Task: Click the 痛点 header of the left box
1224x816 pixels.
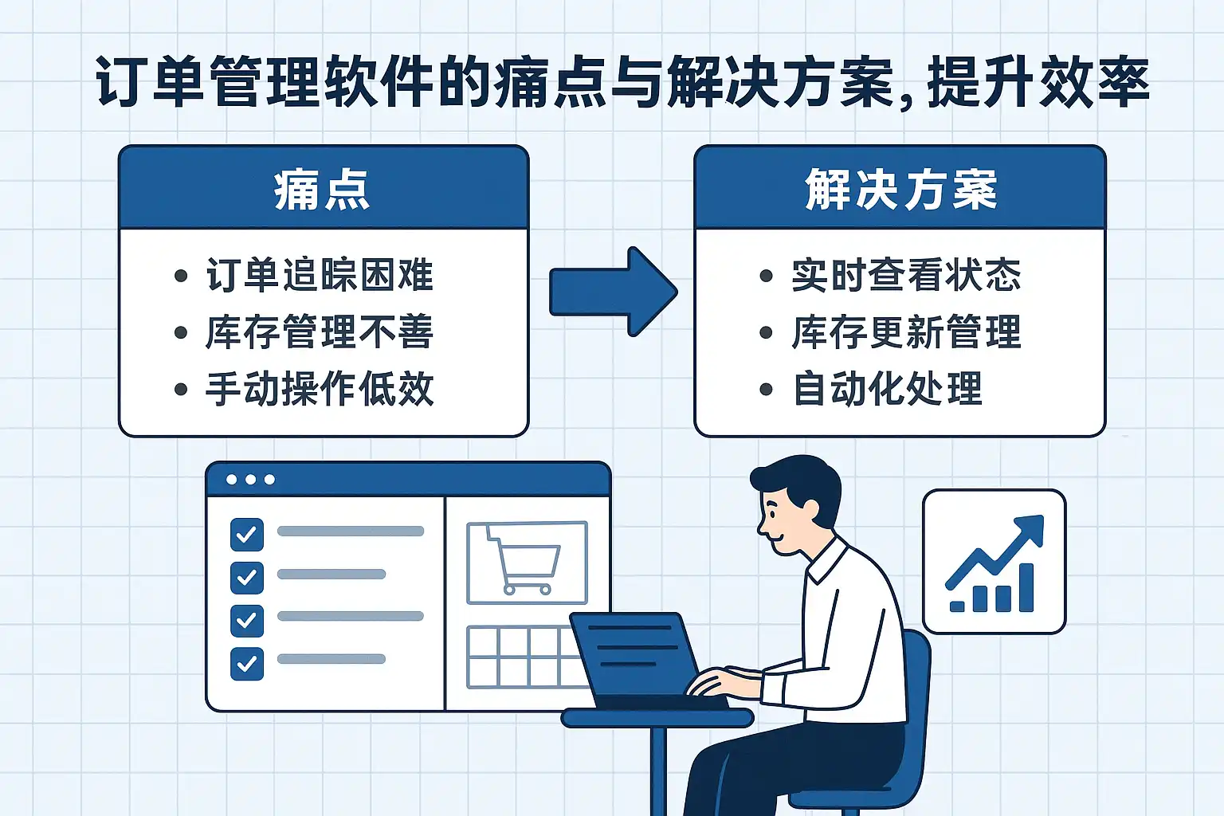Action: (323, 190)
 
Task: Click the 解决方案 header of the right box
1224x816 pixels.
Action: (900, 190)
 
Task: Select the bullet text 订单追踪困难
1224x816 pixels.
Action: (320, 275)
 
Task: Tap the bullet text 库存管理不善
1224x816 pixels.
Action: (320, 332)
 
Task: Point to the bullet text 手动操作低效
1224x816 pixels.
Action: (320, 390)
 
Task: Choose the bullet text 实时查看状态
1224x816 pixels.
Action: (906, 275)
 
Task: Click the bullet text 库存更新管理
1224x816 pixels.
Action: (906, 332)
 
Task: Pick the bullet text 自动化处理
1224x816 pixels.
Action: (887, 390)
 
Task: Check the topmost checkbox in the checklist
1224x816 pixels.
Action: (247, 535)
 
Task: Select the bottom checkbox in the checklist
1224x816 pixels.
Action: (247, 663)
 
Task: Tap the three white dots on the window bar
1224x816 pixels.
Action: (250, 480)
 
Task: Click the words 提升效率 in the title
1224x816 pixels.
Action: (1038, 83)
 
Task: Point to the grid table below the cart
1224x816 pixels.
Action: (522, 657)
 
